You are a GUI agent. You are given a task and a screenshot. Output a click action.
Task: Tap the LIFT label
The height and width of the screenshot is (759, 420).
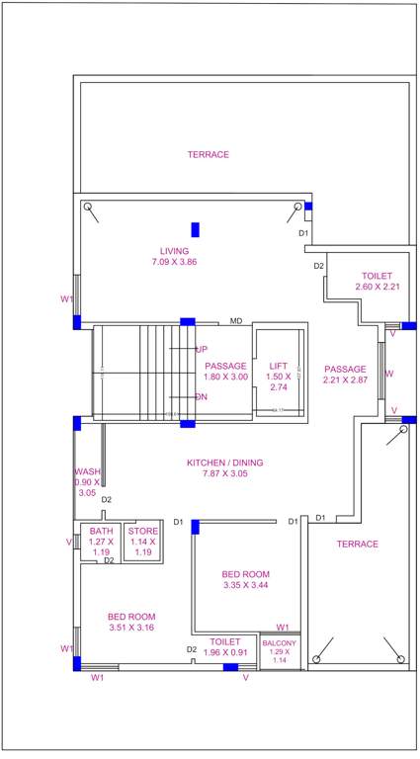click(x=278, y=366)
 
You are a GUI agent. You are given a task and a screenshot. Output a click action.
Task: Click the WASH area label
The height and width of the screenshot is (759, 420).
click(x=88, y=471)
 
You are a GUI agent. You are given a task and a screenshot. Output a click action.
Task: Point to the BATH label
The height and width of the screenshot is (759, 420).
click(x=99, y=530)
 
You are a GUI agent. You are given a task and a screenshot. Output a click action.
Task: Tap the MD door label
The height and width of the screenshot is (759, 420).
click(x=236, y=321)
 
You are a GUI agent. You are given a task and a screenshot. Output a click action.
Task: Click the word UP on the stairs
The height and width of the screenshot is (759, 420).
click(x=202, y=349)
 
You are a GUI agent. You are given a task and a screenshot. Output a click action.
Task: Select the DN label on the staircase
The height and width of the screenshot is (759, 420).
click(x=202, y=396)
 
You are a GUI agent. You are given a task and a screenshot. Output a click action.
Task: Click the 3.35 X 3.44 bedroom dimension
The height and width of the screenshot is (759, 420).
click(x=245, y=586)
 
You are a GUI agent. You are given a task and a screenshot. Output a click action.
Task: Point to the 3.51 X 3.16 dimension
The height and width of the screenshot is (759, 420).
click(x=131, y=629)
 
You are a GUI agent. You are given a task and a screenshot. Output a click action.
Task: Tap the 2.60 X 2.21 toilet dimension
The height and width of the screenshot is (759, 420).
click(x=377, y=287)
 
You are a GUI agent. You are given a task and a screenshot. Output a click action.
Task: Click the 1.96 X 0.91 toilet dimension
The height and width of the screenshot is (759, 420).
click(x=224, y=652)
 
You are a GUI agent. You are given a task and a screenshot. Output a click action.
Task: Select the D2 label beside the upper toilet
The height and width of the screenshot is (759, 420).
click(x=319, y=266)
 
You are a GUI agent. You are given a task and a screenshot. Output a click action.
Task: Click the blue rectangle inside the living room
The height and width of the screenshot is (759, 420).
click(x=196, y=230)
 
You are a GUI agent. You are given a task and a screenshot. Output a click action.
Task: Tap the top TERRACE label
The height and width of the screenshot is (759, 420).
click(x=209, y=154)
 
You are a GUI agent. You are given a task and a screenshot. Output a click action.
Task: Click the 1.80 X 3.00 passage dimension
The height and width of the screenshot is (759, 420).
click(x=225, y=377)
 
